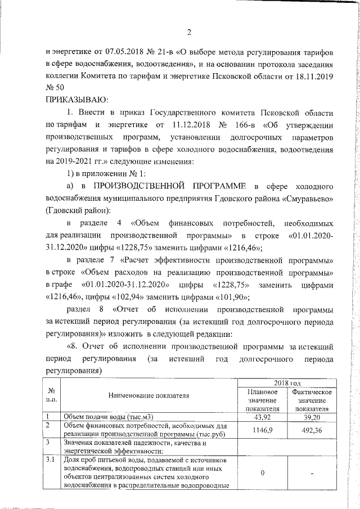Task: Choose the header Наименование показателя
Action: [149, 395]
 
